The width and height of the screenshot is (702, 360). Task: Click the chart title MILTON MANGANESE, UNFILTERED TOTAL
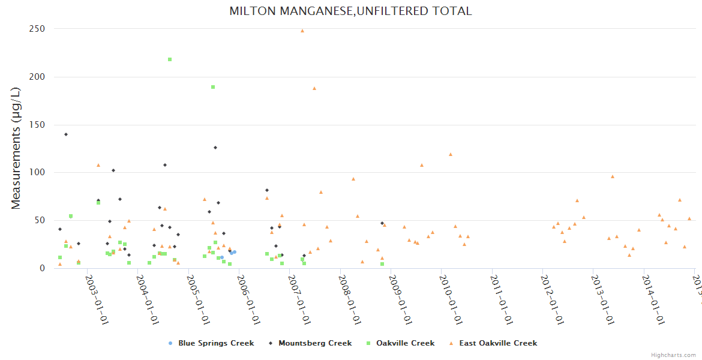tap(350, 11)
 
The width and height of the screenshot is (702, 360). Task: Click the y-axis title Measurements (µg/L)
tap(16, 148)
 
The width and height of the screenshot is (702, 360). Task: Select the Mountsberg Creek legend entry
tap(311, 343)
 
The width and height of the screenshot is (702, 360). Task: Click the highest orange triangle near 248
tap(302, 31)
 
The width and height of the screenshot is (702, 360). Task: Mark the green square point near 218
tap(170, 59)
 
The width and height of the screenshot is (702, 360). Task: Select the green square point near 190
tap(213, 87)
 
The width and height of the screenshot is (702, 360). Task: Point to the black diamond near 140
tap(66, 134)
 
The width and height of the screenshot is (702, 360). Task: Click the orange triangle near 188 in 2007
tap(314, 88)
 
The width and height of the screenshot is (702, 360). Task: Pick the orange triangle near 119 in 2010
tap(451, 154)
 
